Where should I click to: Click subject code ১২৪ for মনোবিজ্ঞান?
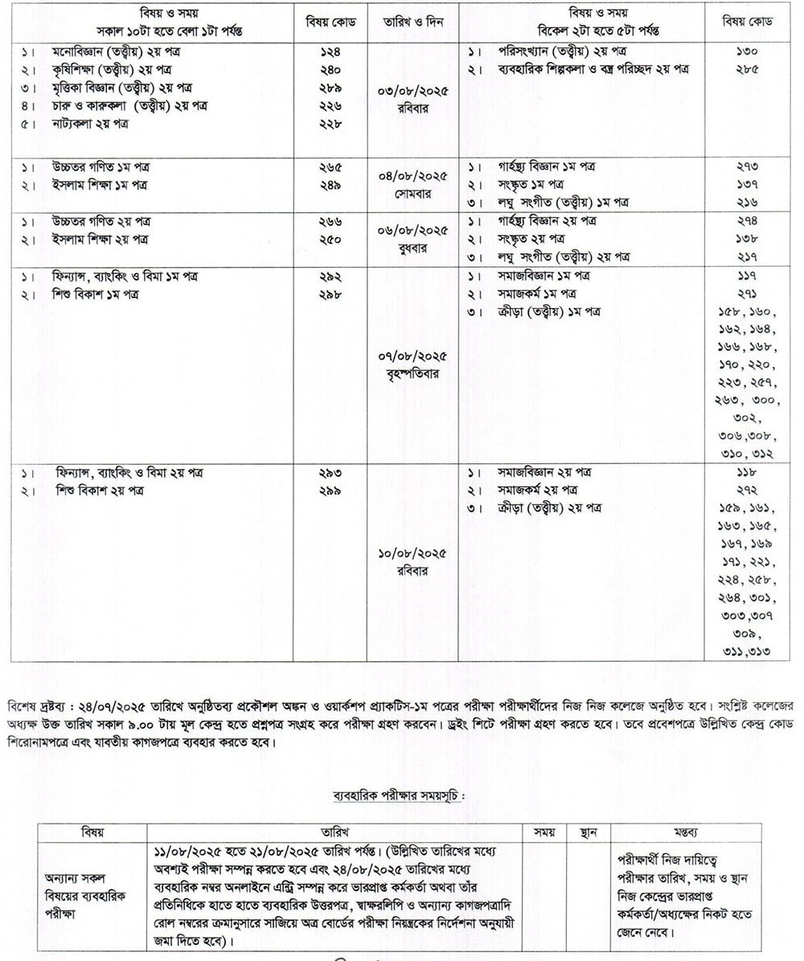[330, 50]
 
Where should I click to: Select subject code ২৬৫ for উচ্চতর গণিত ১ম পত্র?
[330, 167]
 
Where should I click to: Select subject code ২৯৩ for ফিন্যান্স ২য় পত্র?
[330, 473]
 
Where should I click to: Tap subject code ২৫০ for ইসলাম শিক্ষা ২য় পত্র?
[330, 239]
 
